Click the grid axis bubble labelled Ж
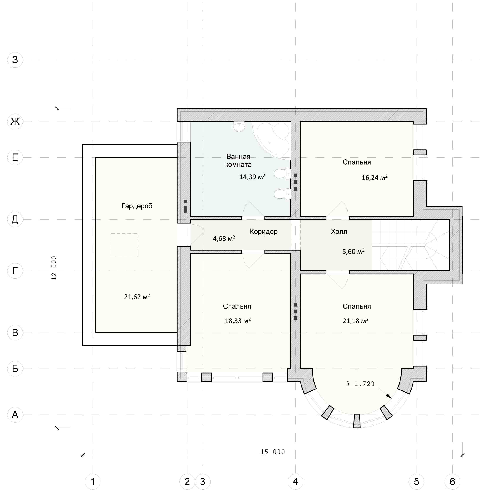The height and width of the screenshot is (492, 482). (x=15, y=122)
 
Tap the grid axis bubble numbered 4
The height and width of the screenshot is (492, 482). (x=295, y=482)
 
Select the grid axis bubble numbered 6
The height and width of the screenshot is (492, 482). (x=452, y=482)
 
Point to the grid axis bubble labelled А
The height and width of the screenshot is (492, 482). (x=15, y=415)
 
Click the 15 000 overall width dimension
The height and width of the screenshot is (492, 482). (x=273, y=452)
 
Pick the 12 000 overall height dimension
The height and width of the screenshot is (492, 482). (x=54, y=268)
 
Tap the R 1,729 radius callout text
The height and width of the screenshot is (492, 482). (x=360, y=384)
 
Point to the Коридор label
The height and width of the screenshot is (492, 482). (x=264, y=232)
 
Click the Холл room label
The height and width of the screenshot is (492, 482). (x=339, y=232)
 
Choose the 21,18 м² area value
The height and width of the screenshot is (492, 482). (x=355, y=321)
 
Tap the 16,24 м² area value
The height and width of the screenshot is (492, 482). (x=374, y=177)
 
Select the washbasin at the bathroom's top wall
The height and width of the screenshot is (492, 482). (x=239, y=126)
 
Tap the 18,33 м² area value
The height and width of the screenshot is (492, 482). (x=238, y=321)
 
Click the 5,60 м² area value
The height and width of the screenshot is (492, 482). (x=353, y=251)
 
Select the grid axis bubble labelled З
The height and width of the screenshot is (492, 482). (x=15, y=60)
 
